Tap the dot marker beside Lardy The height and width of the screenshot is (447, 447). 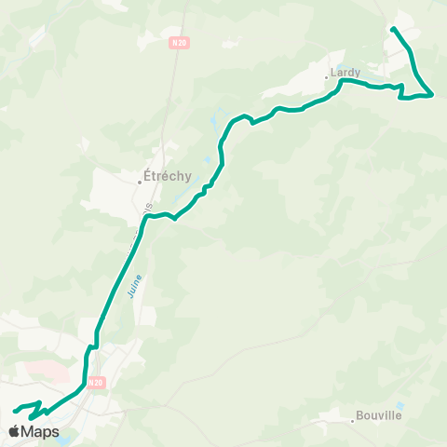point(327,77)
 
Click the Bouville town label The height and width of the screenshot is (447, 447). point(380,416)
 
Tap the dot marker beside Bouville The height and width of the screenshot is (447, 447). point(353,422)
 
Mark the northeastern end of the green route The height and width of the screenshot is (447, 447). point(393,29)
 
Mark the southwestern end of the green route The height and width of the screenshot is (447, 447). point(15,410)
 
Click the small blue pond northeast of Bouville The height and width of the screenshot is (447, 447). point(400,406)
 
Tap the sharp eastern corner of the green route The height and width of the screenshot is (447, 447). point(433,95)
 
